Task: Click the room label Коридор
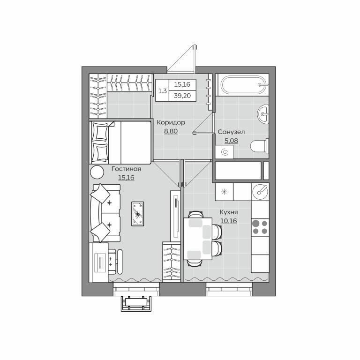(171, 122)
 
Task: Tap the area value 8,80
(171, 131)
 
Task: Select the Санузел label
(231, 132)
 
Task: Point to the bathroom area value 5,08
(231, 141)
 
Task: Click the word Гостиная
(126, 169)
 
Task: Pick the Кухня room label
(229, 212)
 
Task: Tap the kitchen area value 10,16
(229, 221)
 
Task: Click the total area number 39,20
(182, 96)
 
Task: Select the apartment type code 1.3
(162, 91)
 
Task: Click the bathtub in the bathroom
(244, 85)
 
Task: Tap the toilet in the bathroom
(259, 146)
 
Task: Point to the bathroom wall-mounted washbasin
(263, 113)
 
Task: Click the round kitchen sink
(260, 192)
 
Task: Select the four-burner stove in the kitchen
(260, 227)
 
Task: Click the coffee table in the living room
(137, 214)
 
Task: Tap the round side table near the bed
(97, 172)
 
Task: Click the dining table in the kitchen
(198, 239)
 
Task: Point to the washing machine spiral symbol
(225, 152)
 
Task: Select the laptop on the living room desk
(100, 262)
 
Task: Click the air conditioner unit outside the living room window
(136, 304)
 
